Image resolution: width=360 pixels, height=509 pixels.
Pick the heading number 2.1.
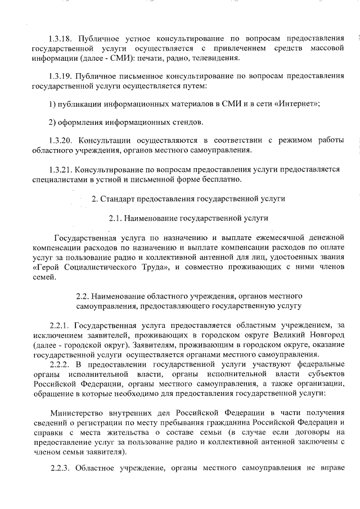(115, 217)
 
